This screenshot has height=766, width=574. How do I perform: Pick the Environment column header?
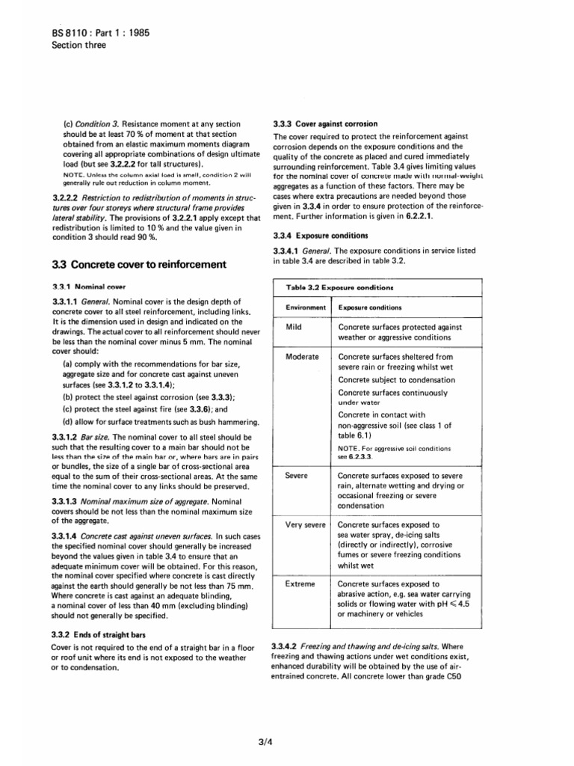tap(305, 307)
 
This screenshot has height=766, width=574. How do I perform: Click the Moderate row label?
tap(303, 357)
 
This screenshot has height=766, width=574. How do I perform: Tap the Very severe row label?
tap(305, 525)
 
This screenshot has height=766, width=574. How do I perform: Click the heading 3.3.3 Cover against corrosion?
tap(325, 123)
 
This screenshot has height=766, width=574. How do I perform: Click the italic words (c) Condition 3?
tap(90, 123)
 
